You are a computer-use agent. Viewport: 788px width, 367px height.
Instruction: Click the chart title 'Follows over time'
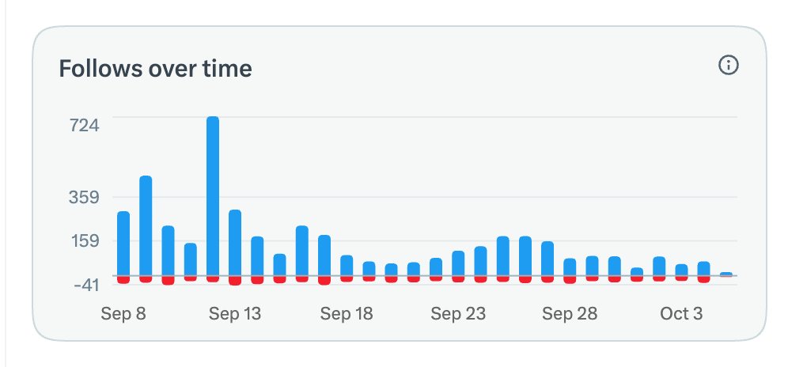155,68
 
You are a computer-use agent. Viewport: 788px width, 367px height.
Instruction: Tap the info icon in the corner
729,66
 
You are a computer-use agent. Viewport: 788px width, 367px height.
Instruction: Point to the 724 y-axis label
85,125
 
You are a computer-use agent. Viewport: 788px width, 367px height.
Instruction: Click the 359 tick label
85,197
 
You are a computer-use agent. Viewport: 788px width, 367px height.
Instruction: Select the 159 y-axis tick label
85,240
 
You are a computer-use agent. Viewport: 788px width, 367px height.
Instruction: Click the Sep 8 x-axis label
123,314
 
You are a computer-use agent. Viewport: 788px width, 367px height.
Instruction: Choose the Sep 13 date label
235,314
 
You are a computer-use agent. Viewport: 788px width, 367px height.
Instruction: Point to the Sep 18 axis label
347,314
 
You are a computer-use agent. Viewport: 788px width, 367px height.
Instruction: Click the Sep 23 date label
458,314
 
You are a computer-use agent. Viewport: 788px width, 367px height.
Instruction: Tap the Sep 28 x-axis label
570,314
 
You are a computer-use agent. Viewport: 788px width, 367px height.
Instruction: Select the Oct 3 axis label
681,314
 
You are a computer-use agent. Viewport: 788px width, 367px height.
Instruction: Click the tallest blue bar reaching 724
213,196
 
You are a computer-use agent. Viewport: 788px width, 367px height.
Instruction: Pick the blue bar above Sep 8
123,244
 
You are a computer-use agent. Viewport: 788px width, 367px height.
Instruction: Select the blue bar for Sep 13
235,243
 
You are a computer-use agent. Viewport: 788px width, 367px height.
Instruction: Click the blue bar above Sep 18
347,266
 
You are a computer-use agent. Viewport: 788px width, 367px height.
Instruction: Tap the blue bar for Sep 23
458,263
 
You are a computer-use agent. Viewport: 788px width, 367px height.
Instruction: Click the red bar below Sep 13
235,281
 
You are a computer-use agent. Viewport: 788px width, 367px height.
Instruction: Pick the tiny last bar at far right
726,274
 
